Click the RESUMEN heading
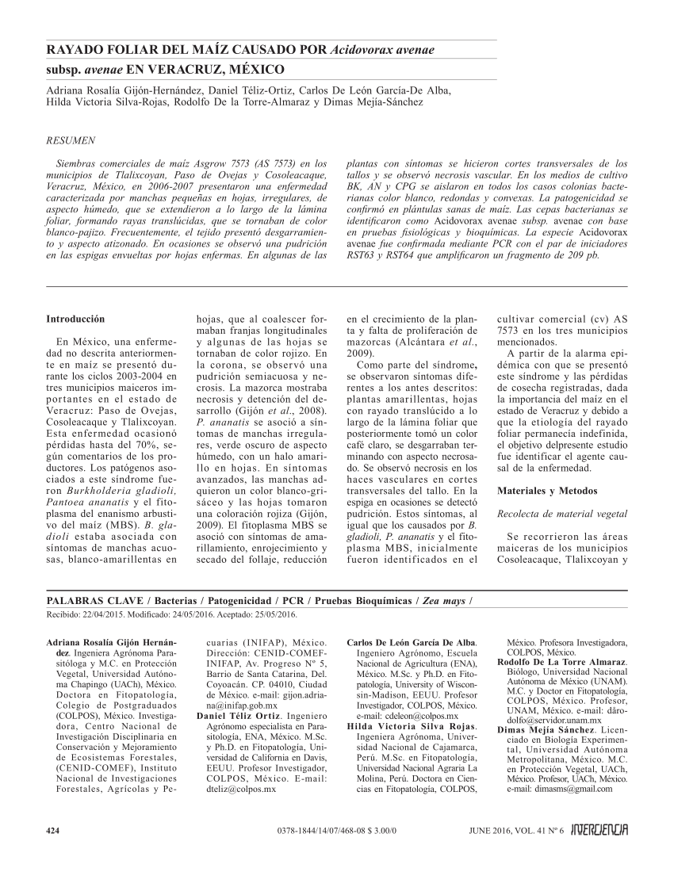tap(72, 140)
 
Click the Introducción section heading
tap(75, 318)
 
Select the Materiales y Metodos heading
tap(544, 491)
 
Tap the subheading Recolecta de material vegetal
tap(551, 514)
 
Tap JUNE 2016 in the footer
tap(481, 830)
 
